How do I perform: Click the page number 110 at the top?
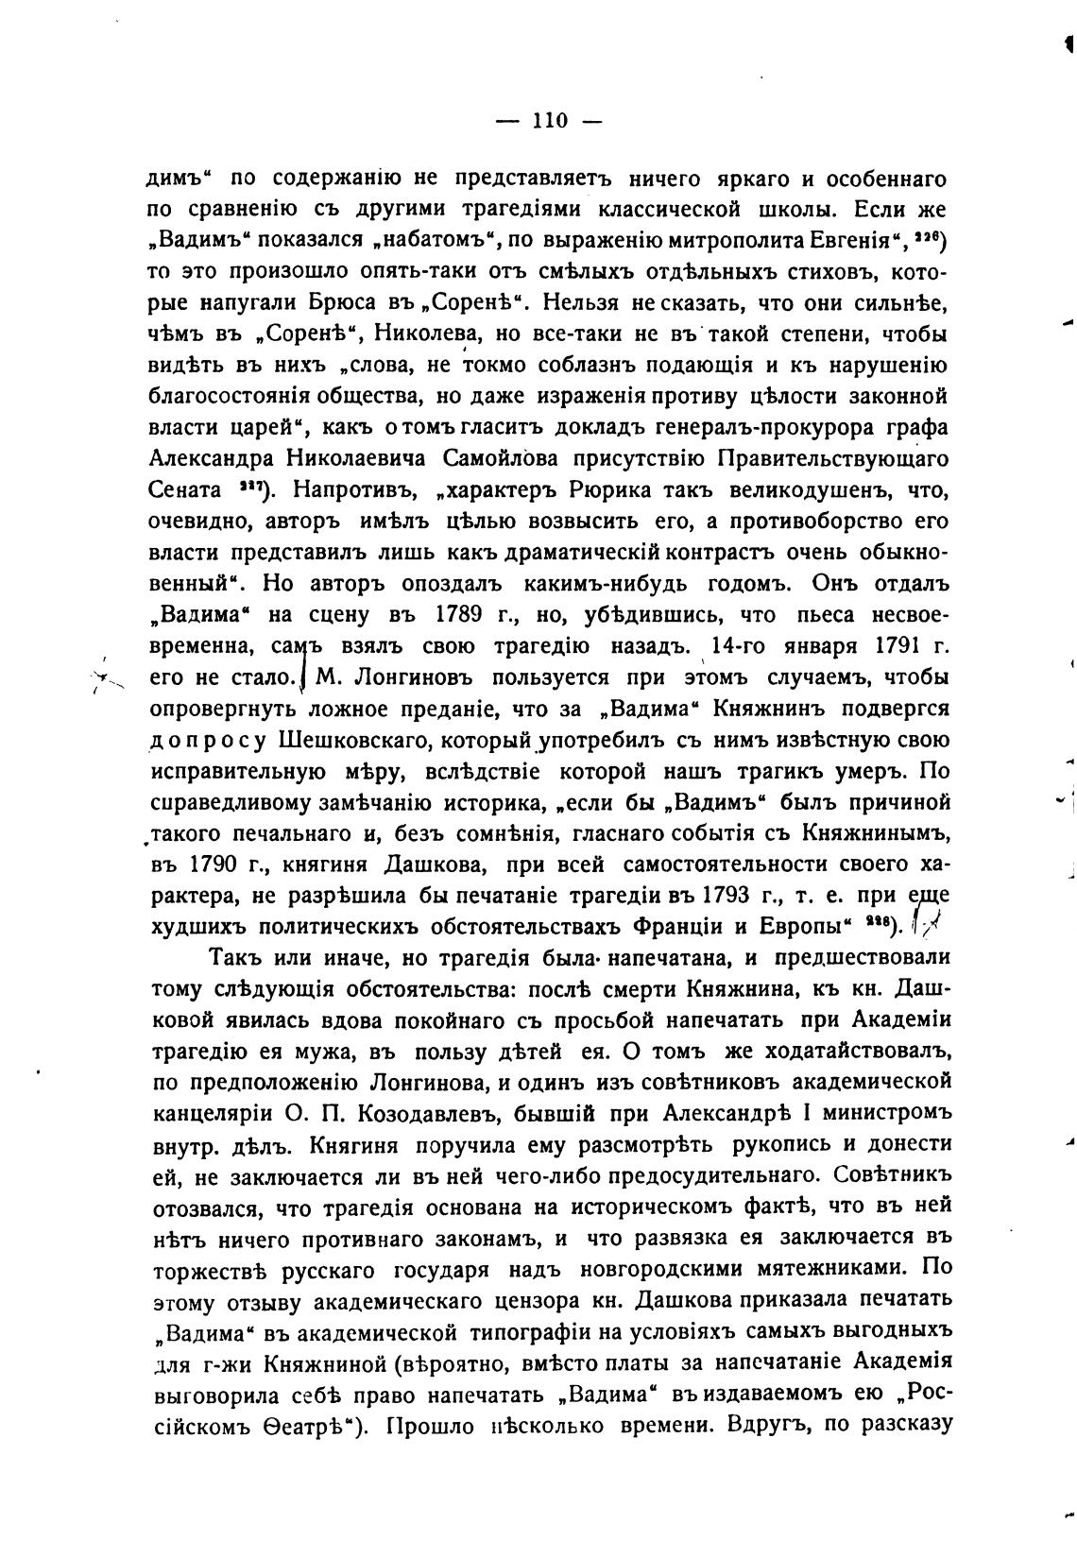(x=549, y=121)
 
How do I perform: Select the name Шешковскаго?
(x=342, y=740)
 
